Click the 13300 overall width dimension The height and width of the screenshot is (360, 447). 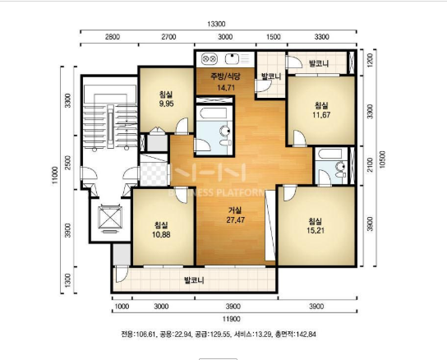(216, 24)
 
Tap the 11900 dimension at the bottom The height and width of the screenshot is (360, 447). (231, 319)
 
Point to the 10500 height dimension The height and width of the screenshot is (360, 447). (382, 159)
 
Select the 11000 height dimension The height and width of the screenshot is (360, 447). (55, 175)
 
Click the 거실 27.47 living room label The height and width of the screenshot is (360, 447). (236, 215)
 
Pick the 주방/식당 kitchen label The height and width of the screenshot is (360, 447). (225, 76)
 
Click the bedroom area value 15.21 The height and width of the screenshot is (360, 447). (316, 230)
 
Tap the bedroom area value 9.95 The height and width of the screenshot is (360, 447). (167, 104)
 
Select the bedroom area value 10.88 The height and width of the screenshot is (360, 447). (161, 234)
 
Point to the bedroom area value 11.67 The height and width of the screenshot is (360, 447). (321, 115)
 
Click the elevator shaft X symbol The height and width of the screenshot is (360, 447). (110, 216)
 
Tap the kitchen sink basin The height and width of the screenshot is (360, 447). (232, 59)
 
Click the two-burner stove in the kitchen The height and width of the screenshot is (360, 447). (210, 59)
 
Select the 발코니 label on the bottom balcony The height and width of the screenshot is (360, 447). (194, 280)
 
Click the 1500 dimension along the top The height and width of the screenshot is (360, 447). (273, 37)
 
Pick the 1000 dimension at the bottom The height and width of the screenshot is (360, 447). (122, 307)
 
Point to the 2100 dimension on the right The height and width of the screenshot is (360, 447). (370, 164)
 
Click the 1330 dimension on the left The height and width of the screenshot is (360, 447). (67, 280)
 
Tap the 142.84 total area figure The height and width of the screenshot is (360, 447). (306, 334)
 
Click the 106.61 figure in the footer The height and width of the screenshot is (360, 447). (145, 334)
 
